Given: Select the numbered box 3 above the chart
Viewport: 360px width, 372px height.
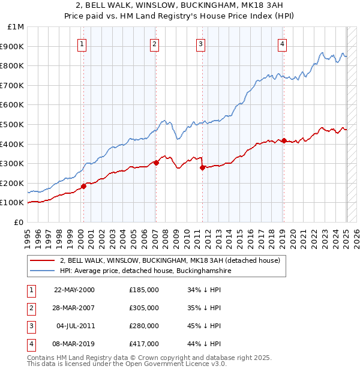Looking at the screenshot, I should click(x=200, y=43).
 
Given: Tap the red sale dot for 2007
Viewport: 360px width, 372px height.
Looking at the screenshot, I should click(x=156, y=162).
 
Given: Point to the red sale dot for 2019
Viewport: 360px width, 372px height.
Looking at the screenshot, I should click(x=283, y=140).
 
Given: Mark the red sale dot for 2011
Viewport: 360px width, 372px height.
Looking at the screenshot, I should click(x=202, y=167).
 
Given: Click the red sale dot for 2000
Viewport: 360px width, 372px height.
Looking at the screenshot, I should click(x=83, y=186).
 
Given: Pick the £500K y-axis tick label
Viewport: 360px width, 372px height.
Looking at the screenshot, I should click(x=13, y=125).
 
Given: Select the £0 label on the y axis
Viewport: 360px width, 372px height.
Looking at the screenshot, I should click(x=18, y=222).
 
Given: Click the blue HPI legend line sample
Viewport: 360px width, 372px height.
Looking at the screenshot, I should click(x=42, y=271).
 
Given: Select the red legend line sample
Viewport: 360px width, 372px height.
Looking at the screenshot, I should click(x=42, y=260).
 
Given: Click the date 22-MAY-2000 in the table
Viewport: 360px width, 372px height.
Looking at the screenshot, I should click(x=74, y=290).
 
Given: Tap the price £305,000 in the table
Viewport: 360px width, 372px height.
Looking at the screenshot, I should click(x=144, y=308).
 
